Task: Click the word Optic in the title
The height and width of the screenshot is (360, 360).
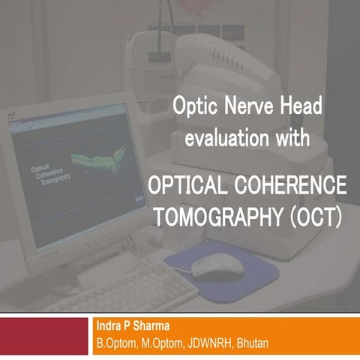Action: pos(193,107)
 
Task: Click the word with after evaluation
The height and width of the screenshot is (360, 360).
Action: pos(289,138)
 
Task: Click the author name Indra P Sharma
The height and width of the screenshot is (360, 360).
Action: pos(134,327)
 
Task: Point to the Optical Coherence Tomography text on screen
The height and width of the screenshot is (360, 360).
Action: pos(50,173)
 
